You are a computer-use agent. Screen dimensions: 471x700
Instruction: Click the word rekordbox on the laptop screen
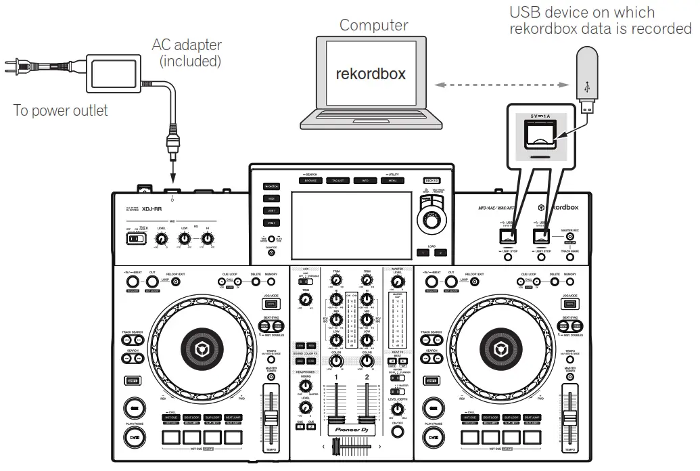click(x=371, y=74)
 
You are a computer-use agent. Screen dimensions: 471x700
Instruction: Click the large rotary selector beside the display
click(x=429, y=221)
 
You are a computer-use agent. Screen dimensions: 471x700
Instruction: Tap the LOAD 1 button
click(x=421, y=252)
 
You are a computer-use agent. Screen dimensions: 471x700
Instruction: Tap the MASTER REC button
click(x=570, y=237)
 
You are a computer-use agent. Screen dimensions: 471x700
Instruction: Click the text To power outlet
click(x=60, y=110)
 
